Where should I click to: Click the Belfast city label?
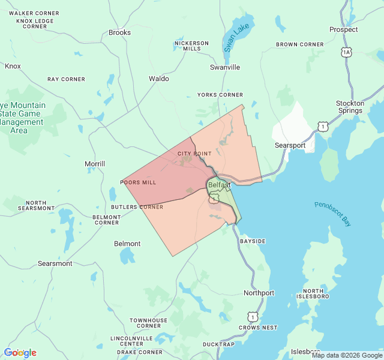[219, 185]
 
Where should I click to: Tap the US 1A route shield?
[346, 53]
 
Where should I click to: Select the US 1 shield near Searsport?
[324, 127]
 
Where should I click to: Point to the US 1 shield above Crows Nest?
[253, 316]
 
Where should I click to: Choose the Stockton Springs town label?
[350, 107]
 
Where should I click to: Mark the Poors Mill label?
[139, 182]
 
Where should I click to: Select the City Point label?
[194, 154]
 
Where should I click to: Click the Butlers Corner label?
[137, 207]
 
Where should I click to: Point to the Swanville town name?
[225, 67]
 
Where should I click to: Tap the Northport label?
[259, 293]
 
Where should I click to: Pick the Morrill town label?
[95, 164]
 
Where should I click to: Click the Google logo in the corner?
[20, 353]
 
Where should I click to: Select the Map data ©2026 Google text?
[346, 355]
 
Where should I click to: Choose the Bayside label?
[253, 241]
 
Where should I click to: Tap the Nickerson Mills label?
[191, 46]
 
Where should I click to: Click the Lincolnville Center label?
[131, 341]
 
